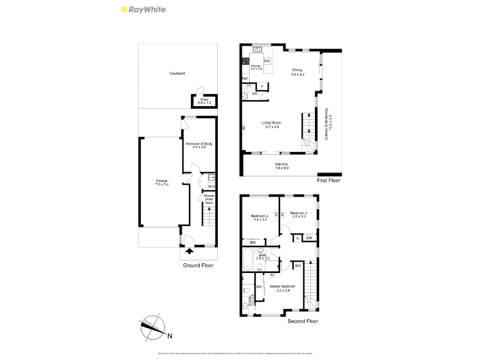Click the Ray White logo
pos(144,10)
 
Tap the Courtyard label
pos(177,73)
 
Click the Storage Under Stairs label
pos(209,199)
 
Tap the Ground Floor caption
pos(198,265)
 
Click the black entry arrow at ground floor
pos(190,251)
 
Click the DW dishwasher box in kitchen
pos(266,61)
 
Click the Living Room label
pos(272,124)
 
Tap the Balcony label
pos(282,166)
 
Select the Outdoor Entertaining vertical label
pos(328,124)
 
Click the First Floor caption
pos(328,180)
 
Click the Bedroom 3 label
pos(298,214)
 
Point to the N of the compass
pos(170,335)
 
